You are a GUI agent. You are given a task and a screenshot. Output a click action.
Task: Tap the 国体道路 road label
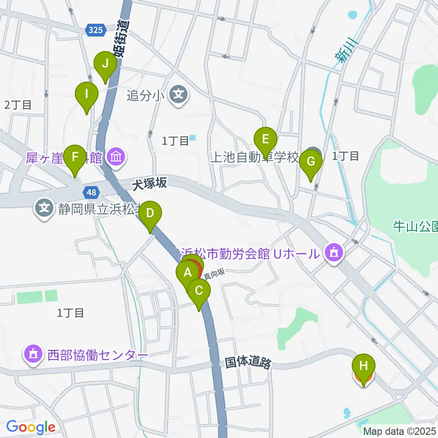click(248, 363)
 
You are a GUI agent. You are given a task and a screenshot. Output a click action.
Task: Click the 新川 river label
click(346, 50)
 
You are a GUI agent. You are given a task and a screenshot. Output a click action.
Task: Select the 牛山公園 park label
click(415, 225)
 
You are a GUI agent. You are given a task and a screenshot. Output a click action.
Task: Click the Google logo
click(31, 428)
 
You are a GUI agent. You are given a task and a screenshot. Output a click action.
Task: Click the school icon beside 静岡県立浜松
click(44, 209)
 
